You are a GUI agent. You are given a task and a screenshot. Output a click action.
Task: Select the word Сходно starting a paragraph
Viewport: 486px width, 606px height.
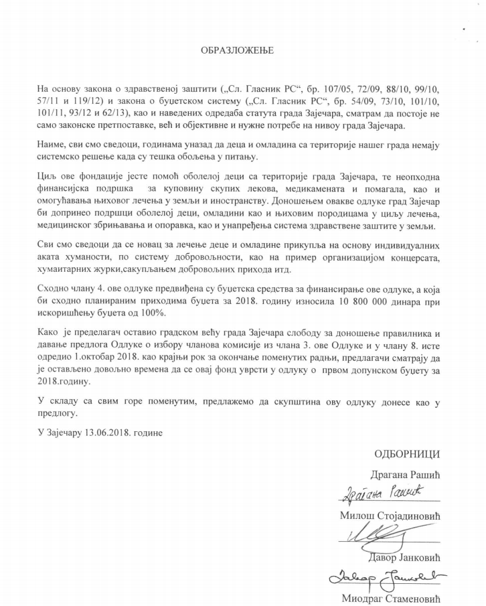(x=56, y=289)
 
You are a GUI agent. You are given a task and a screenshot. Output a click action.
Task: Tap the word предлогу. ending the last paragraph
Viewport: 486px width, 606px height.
(x=60, y=413)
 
